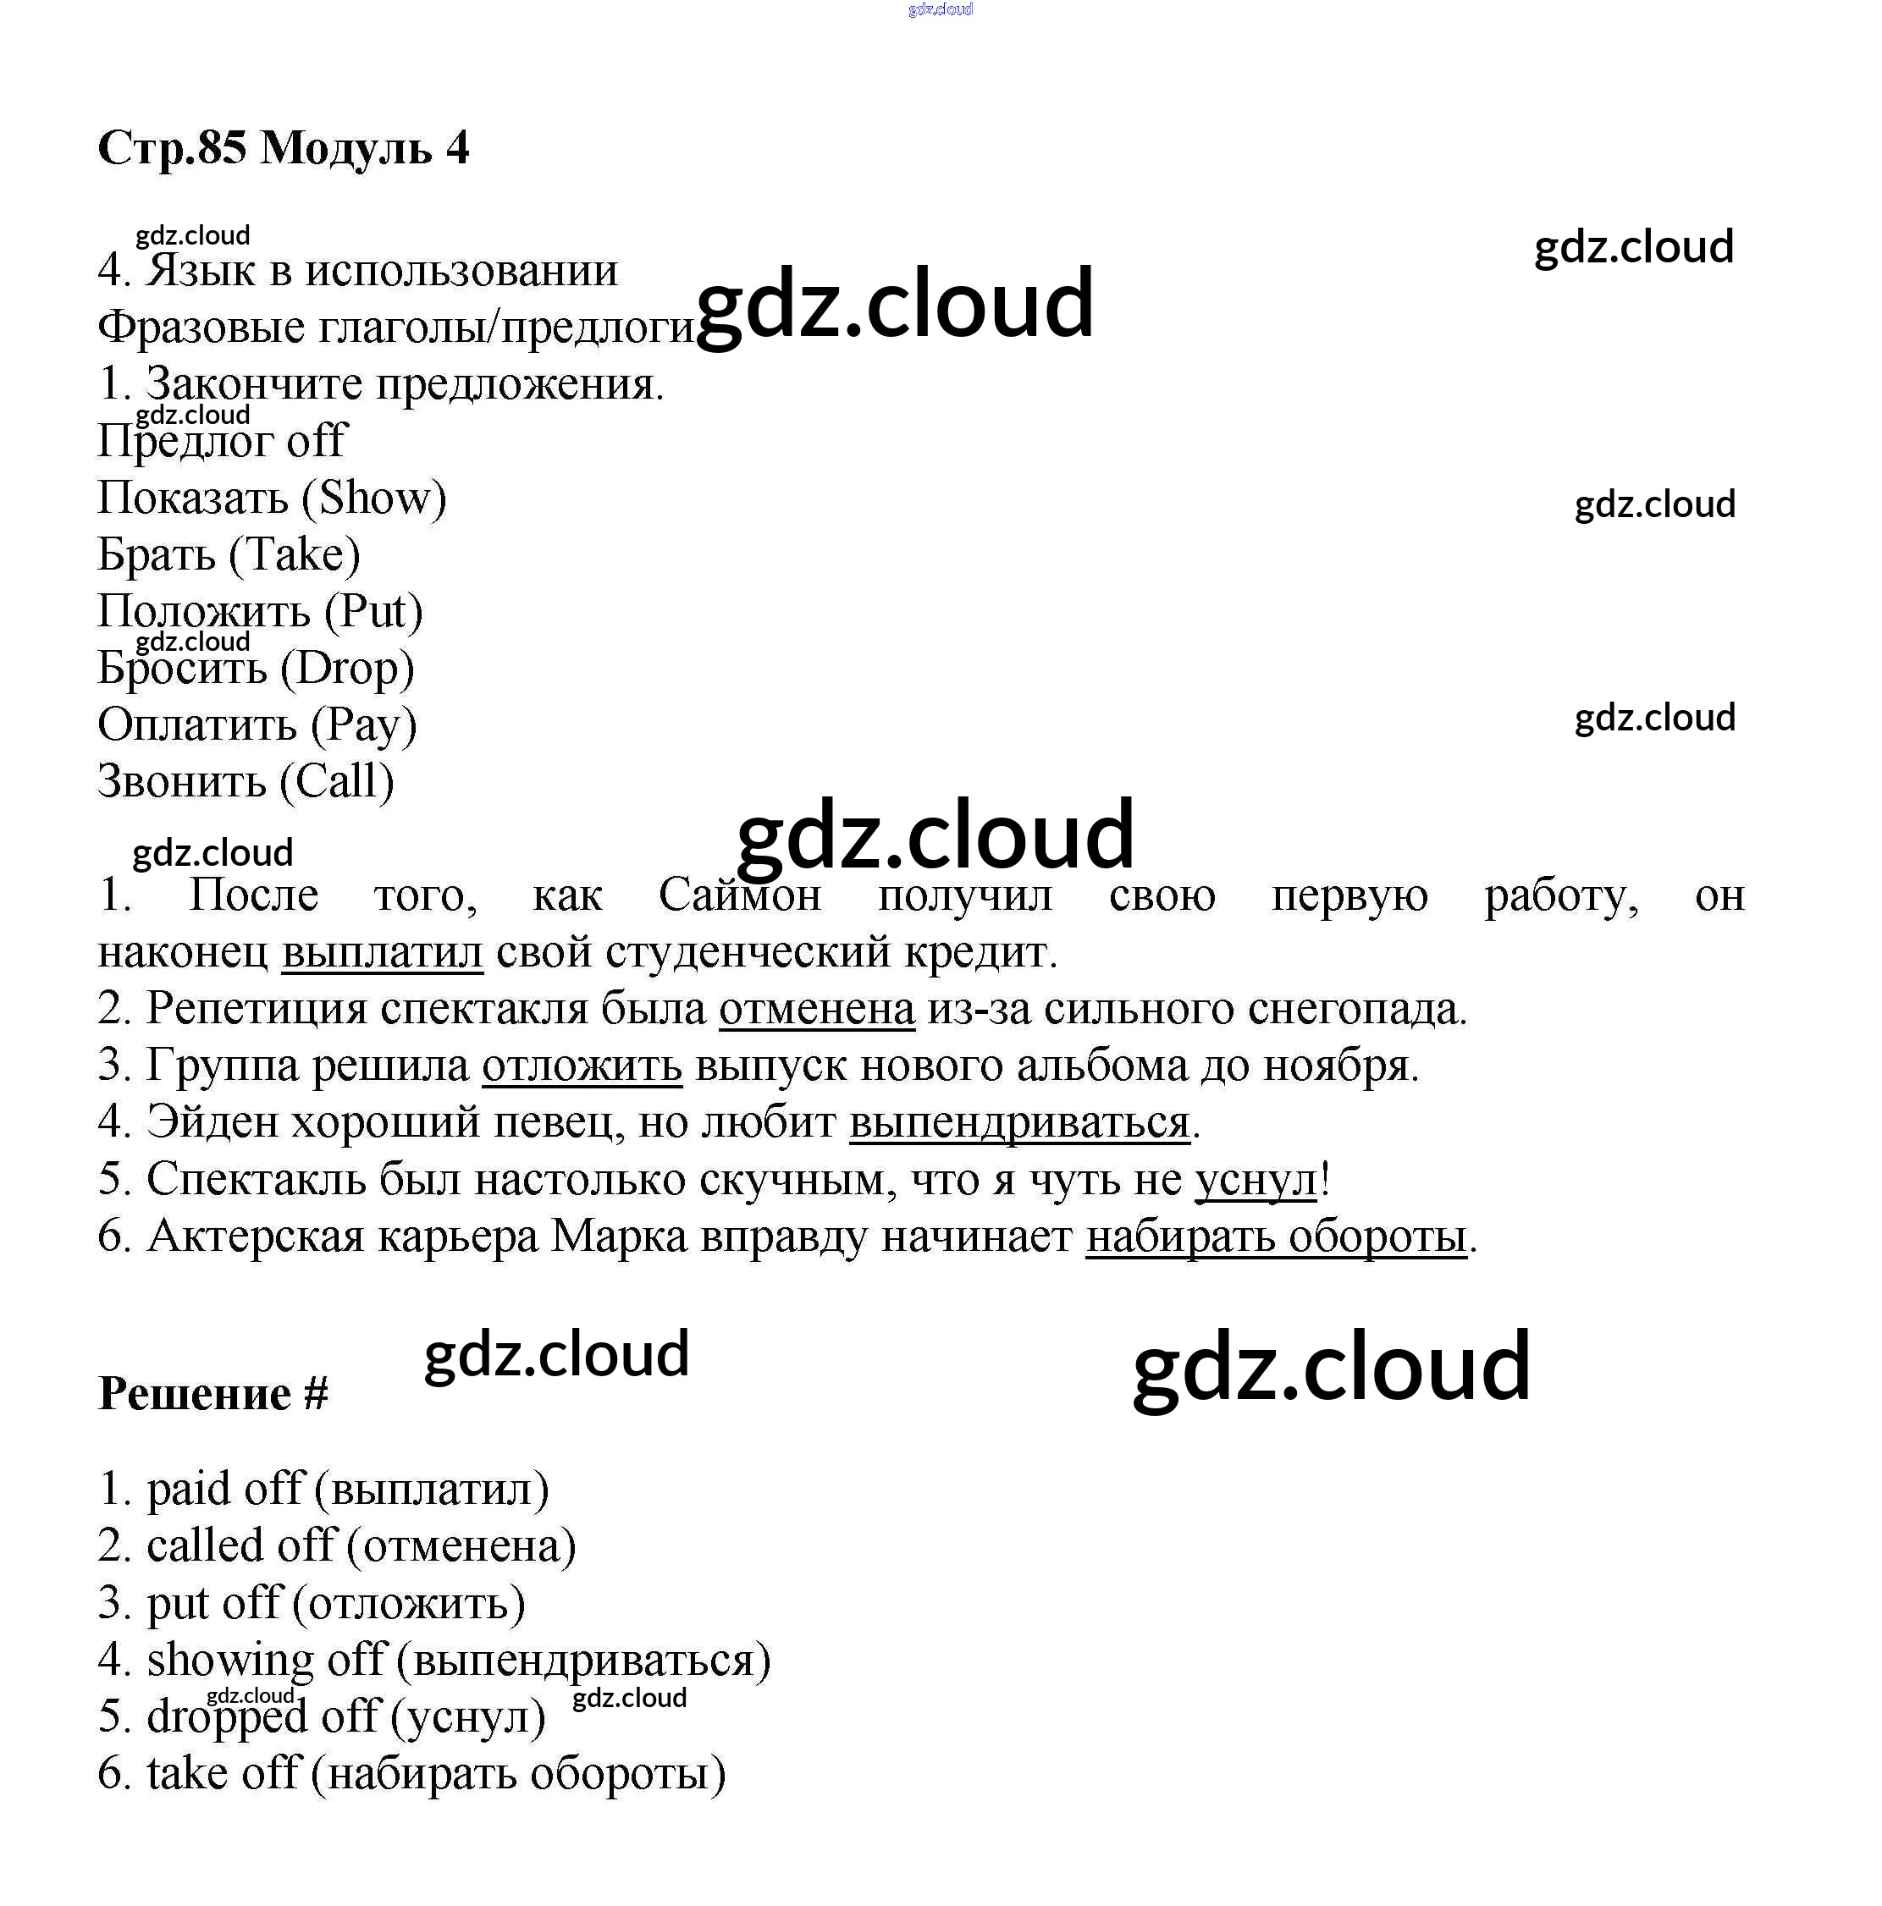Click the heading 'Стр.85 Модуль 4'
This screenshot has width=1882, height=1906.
(x=284, y=148)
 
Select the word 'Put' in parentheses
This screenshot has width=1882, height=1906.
(x=373, y=612)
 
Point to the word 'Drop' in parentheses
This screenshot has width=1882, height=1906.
(x=346, y=669)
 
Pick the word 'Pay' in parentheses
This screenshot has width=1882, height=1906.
(x=363, y=725)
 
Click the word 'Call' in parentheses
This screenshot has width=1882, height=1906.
(x=337, y=781)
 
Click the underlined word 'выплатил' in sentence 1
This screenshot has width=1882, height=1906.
(x=382, y=952)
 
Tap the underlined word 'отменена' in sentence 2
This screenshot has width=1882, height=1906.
(x=816, y=1009)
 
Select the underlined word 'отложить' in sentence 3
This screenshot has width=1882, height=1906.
(x=582, y=1066)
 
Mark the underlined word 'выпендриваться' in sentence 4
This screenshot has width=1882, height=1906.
(x=1018, y=1122)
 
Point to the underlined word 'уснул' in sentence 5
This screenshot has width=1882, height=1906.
(x=1256, y=1180)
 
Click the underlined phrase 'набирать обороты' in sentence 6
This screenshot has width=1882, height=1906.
(x=1275, y=1237)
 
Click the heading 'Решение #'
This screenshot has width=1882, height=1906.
(x=213, y=1394)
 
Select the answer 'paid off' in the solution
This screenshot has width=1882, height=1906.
(x=225, y=1490)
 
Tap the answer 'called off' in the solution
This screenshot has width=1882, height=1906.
(x=240, y=1546)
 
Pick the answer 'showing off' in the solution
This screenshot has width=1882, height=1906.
(x=264, y=1661)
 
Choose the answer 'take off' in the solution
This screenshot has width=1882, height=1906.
(x=222, y=1774)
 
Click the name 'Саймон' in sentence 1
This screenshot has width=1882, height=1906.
(x=739, y=895)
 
